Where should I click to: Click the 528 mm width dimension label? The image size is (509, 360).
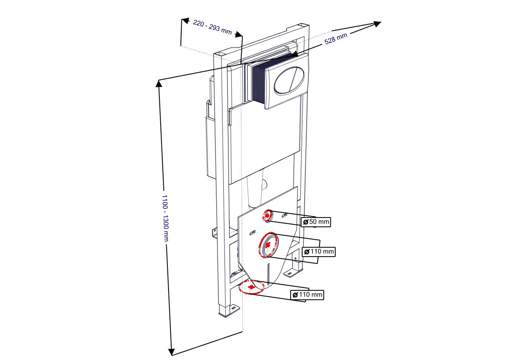tap(336, 39)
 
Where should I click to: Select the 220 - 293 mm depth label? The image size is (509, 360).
tap(212, 27)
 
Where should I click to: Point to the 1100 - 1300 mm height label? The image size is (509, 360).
tap(165, 218)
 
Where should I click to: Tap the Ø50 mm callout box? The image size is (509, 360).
tap(316, 222)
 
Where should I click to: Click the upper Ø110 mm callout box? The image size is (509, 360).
tap(319, 251)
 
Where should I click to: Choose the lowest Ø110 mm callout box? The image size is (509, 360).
tap(307, 295)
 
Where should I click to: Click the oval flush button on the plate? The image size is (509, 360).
tap(289, 80)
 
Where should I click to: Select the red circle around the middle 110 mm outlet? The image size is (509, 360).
tap(268, 245)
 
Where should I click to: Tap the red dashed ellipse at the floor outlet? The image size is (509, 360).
tap(251, 288)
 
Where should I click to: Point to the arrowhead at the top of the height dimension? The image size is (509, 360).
tap(159, 84)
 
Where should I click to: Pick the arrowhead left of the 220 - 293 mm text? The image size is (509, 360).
tap(185, 21)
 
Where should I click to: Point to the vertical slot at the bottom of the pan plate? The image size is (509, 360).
tap(268, 273)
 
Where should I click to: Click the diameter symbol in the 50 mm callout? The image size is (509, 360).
tap(306, 222)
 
